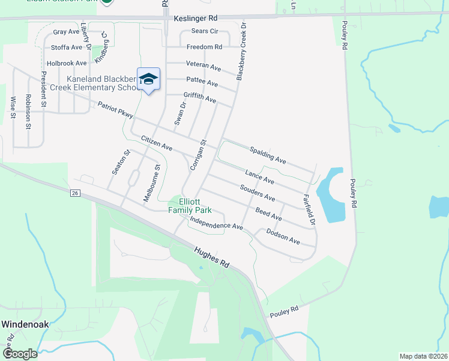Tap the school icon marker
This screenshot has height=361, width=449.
(x=148, y=79)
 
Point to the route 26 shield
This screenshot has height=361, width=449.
(x=74, y=193)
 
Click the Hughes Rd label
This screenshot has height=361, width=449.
(x=212, y=258)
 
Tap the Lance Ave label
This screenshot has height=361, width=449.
(x=259, y=177)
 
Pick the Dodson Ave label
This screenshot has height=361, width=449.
(x=283, y=236)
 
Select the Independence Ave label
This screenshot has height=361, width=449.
(x=215, y=223)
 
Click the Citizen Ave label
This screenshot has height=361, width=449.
(x=156, y=143)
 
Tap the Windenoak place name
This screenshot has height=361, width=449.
(x=25, y=324)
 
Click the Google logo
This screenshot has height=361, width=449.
(x=19, y=354)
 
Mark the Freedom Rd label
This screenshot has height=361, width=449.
(x=204, y=46)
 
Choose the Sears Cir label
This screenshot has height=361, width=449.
(x=204, y=31)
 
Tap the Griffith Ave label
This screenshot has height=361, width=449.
(x=199, y=97)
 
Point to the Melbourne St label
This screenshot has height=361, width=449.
(x=152, y=184)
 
